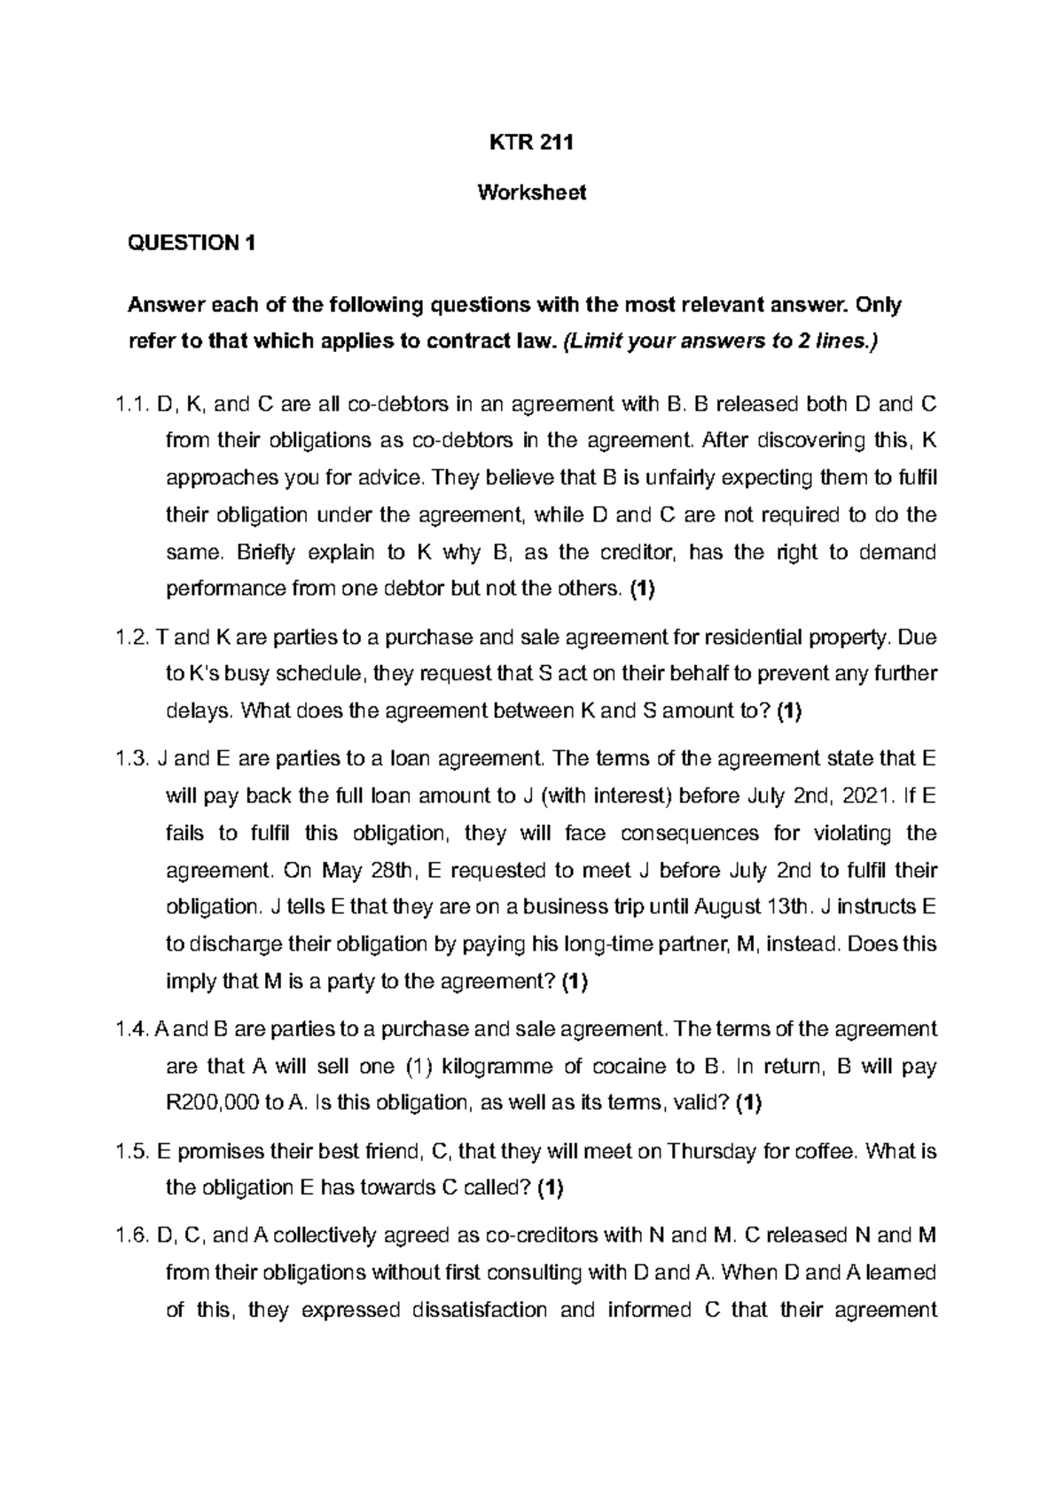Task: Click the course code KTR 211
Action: [532, 144]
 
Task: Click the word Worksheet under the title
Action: [532, 192]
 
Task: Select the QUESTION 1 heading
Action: [192, 243]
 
